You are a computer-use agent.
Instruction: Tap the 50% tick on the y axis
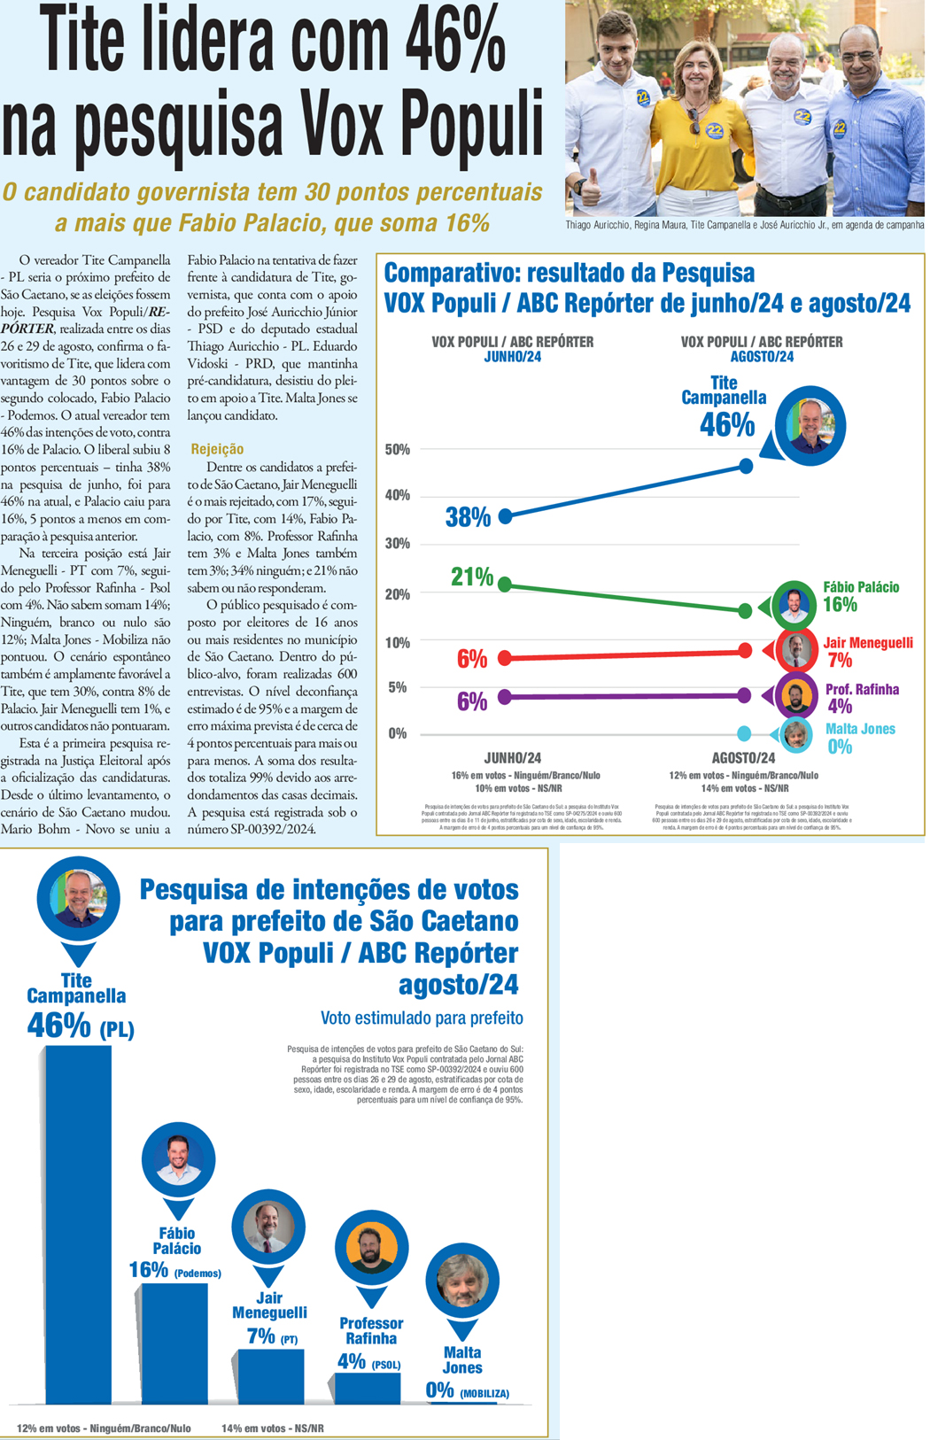pos(397,450)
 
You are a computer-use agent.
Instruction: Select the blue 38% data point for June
pos(506,516)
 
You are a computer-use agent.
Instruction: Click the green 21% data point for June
pos(506,585)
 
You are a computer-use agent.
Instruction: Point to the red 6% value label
pos(472,659)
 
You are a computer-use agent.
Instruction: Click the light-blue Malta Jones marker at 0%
pos(744,733)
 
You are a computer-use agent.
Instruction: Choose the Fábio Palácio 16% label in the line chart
pos(860,596)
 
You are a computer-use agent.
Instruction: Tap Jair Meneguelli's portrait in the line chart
pos(796,651)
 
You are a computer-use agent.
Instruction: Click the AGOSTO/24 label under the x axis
pos(743,758)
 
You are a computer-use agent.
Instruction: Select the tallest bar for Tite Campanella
pos(78,1222)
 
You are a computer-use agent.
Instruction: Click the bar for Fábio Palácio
pos(174,1342)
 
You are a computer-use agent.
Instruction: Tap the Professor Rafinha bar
pos(368,1388)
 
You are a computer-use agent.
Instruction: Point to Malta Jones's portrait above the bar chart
pos(462,1281)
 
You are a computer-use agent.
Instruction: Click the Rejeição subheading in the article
pos(217,449)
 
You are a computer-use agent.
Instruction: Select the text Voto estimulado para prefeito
pos(422,1018)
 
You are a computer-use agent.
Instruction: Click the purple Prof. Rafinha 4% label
pos(861,698)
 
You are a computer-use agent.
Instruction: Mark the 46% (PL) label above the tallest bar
pos(80,1027)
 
